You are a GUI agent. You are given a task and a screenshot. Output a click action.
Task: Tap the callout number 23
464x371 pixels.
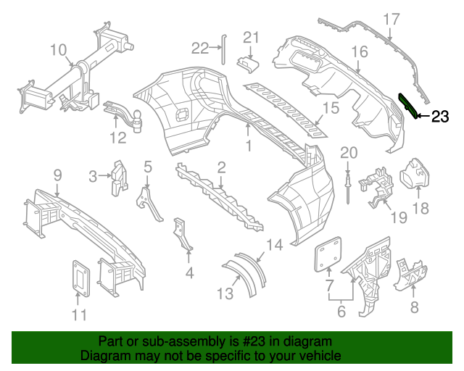[440, 117]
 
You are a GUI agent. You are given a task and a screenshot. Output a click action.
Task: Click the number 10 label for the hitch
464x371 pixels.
[58, 50]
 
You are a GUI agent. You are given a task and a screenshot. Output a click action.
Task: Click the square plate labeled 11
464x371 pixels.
[79, 277]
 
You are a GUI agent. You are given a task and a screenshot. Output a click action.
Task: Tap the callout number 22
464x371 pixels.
[200, 49]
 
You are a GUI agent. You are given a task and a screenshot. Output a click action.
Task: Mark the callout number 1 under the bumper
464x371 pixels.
[247, 146]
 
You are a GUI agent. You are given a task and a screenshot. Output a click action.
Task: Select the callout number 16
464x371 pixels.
[360, 52]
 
